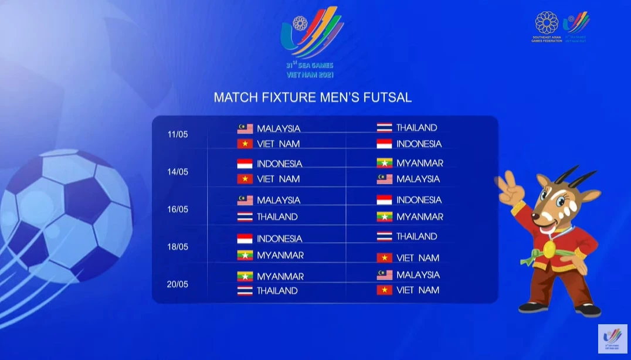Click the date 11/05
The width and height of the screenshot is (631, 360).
[x=178, y=134]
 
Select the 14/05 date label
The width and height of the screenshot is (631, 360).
[x=178, y=172]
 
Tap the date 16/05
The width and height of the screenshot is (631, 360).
[x=178, y=209]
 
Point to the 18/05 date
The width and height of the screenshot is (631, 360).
[x=178, y=247]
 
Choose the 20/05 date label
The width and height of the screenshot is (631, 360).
[x=178, y=284]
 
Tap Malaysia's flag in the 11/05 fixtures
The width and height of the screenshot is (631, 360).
[x=245, y=128]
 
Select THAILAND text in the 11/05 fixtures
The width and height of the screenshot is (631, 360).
[x=416, y=127]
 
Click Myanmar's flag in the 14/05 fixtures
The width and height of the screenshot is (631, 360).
[x=384, y=163]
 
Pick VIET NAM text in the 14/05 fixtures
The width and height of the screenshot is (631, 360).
[x=278, y=179]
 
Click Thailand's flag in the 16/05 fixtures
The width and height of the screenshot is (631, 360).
[x=245, y=216]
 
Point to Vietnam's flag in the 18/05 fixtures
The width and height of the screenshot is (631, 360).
[x=384, y=257]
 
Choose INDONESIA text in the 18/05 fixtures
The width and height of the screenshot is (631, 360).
[x=279, y=239]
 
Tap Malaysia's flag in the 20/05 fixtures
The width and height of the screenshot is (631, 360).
[x=384, y=275]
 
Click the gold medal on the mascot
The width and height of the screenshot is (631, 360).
[x=549, y=249]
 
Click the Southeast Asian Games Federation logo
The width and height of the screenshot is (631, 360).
[x=547, y=25]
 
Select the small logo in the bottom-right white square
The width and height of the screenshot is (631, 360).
[x=612, y=339]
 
